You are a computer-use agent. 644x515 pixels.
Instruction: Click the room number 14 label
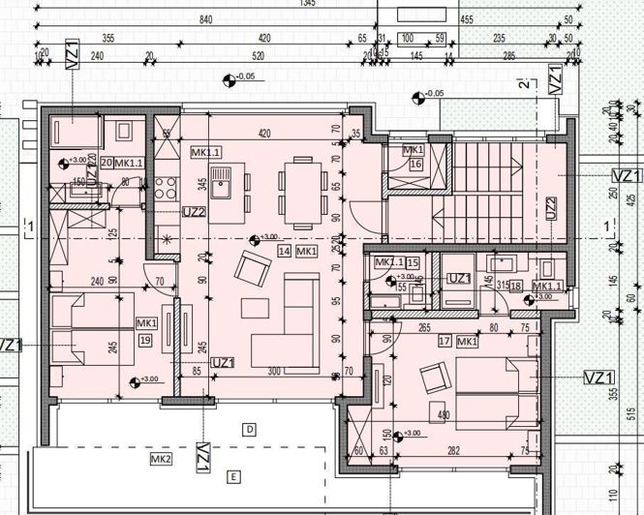(285, 251)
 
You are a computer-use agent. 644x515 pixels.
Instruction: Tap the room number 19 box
(146, 340)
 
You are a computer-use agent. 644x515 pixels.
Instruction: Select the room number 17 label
(445, 342)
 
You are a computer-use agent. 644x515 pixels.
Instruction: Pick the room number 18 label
(515, 286)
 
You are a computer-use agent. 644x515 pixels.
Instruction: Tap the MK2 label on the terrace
(161, 458)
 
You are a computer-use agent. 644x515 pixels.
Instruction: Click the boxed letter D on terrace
(249, 428)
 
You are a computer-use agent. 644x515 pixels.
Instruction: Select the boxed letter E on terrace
(232, 475)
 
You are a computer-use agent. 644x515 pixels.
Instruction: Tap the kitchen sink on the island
(220, 177)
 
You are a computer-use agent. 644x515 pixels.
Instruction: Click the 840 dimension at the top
(204, 19)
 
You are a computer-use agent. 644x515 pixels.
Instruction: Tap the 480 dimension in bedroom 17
(445, 417)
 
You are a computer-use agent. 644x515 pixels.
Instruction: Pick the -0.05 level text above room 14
(246, 76)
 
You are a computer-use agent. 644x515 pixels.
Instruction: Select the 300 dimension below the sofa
(274, 371)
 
